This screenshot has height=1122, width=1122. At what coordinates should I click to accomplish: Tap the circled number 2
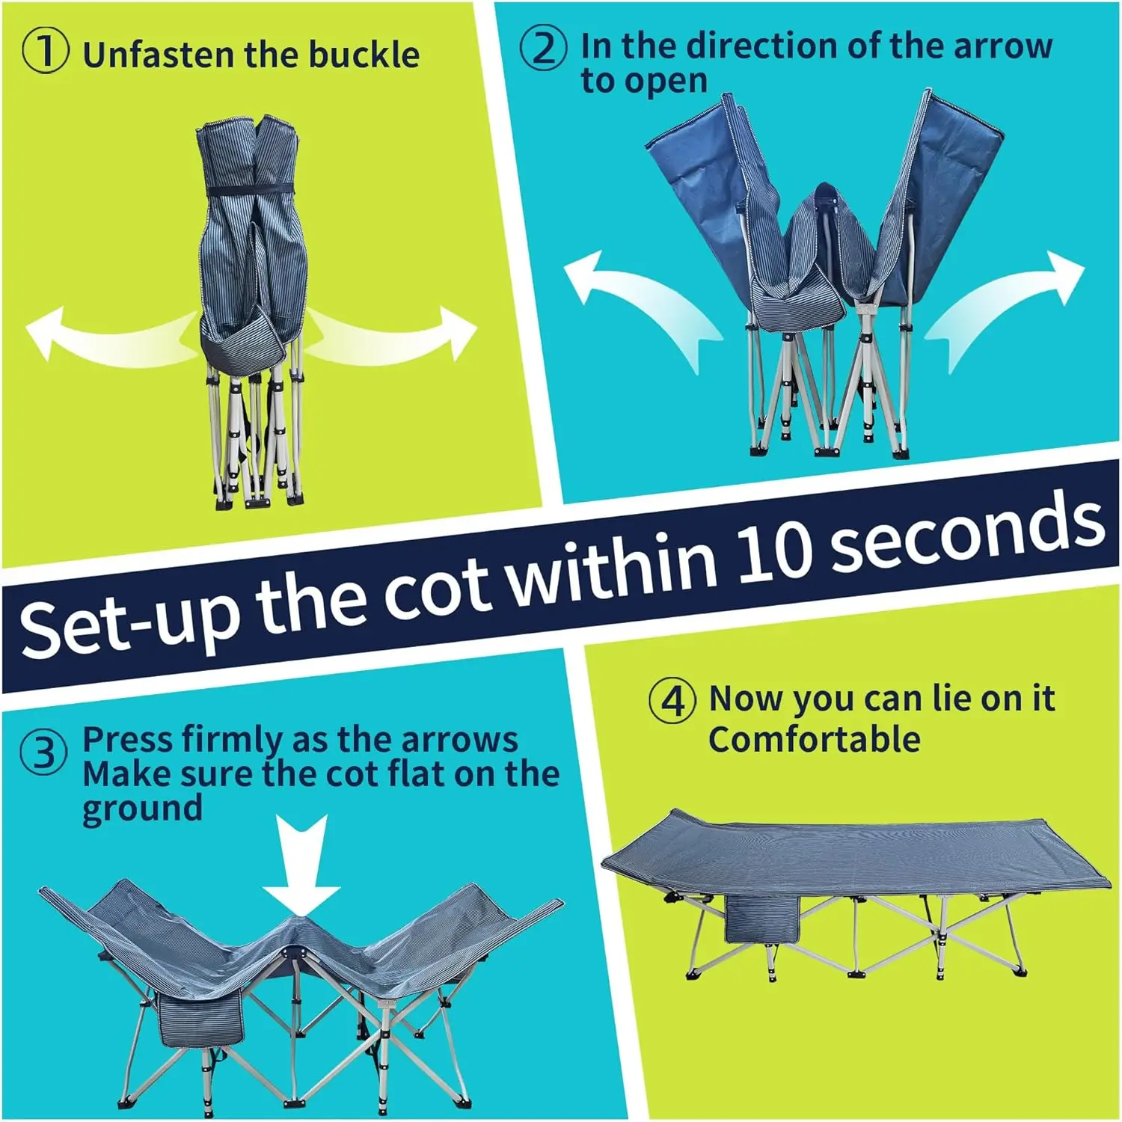coord(543,48)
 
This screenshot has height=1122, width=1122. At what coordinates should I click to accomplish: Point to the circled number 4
coord(672,701)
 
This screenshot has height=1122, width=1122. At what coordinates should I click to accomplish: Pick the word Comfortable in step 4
coord(815,740)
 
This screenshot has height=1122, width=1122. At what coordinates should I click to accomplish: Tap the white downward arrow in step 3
coord(301,865)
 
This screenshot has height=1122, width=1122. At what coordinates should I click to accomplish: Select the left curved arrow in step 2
coord(640,306)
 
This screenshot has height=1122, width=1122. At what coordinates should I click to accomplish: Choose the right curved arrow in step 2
coord(1002,306)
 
